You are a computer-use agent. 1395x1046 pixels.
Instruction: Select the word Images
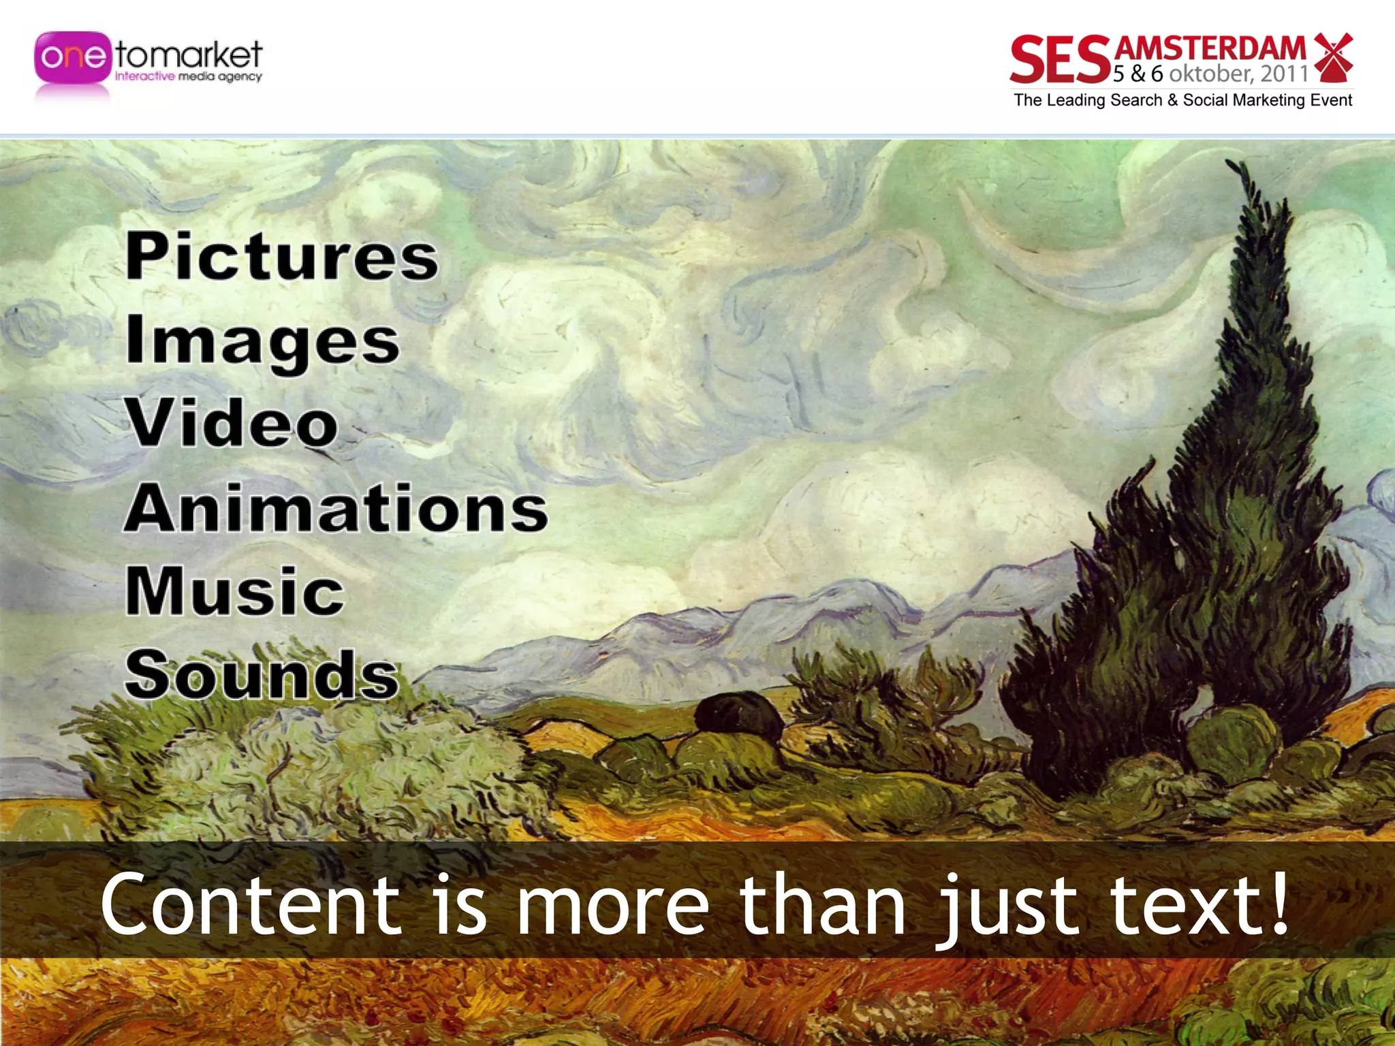tap(262, 340)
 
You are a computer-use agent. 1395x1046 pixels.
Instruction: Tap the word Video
tap(232, 424)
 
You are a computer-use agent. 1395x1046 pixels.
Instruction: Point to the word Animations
tap(336, 508)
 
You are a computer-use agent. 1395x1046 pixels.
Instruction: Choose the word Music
tap(235, 591)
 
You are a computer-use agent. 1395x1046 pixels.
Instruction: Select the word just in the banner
tap(1008, 906)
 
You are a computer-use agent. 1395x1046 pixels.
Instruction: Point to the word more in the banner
tap(613, 906)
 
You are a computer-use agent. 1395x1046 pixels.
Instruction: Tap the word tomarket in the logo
tap(189, 54)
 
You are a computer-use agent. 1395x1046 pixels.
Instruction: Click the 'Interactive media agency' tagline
tap(188, 77)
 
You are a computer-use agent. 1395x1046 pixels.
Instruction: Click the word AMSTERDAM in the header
tap(1210, 48)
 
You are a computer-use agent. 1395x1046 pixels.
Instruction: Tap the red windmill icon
tap(1332, 56)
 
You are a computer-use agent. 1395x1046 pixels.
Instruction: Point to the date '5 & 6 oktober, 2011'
tap(1210, 74)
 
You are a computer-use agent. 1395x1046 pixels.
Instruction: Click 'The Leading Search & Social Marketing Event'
tap(1182, 100)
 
